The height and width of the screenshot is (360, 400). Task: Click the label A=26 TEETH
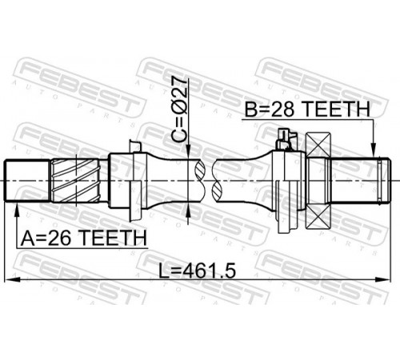tap(84, 238)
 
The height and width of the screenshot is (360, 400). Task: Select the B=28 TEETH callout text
tap(307, 110)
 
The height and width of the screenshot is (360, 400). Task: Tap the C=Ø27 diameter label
tap(179, 109)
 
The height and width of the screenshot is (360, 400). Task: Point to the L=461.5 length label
tap(198, 271)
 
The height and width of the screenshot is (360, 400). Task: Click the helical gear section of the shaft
tap(75, 180)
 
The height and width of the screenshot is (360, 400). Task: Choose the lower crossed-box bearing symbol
tap(318, 217)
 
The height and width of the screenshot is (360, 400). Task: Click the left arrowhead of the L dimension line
tap(13, 279)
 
